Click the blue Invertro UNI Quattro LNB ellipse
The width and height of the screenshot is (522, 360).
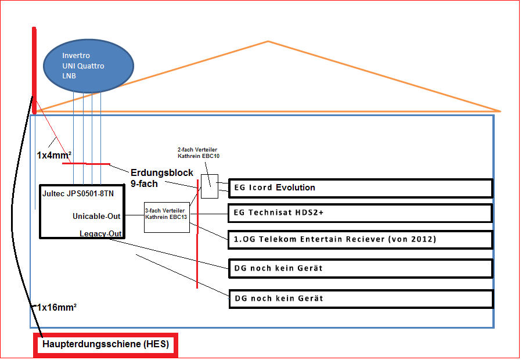tap(89, 66)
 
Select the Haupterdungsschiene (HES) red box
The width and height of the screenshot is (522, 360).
tap(106, 345)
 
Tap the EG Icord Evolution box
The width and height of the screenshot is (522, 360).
tap(361, 188)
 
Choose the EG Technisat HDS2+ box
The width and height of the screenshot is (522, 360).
tap(360, 213)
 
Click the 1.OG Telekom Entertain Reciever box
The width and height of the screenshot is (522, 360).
tap(360, 239)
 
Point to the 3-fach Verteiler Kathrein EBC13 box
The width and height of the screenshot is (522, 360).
tap(167, 217)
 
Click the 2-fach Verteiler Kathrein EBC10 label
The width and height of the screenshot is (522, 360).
tap(199, 153)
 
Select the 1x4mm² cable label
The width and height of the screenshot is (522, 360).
tap(54, 155)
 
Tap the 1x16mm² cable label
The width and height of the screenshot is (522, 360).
tap(56, 307)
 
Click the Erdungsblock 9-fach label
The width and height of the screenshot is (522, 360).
tap(162, 178)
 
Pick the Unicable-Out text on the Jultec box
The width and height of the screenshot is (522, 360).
tap(96, 216)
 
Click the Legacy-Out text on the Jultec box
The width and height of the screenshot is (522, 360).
tap(100, 233)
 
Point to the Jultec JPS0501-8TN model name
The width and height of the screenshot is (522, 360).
tap(78, 193)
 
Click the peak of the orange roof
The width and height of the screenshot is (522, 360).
tap(268, 41)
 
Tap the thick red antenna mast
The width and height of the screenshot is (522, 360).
tap(34, 71)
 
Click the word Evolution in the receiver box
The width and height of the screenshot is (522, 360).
tap(296, 188)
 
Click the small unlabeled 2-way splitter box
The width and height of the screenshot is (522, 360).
tap(210, 186)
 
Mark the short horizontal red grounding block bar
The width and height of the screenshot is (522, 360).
tap(86, 164)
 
